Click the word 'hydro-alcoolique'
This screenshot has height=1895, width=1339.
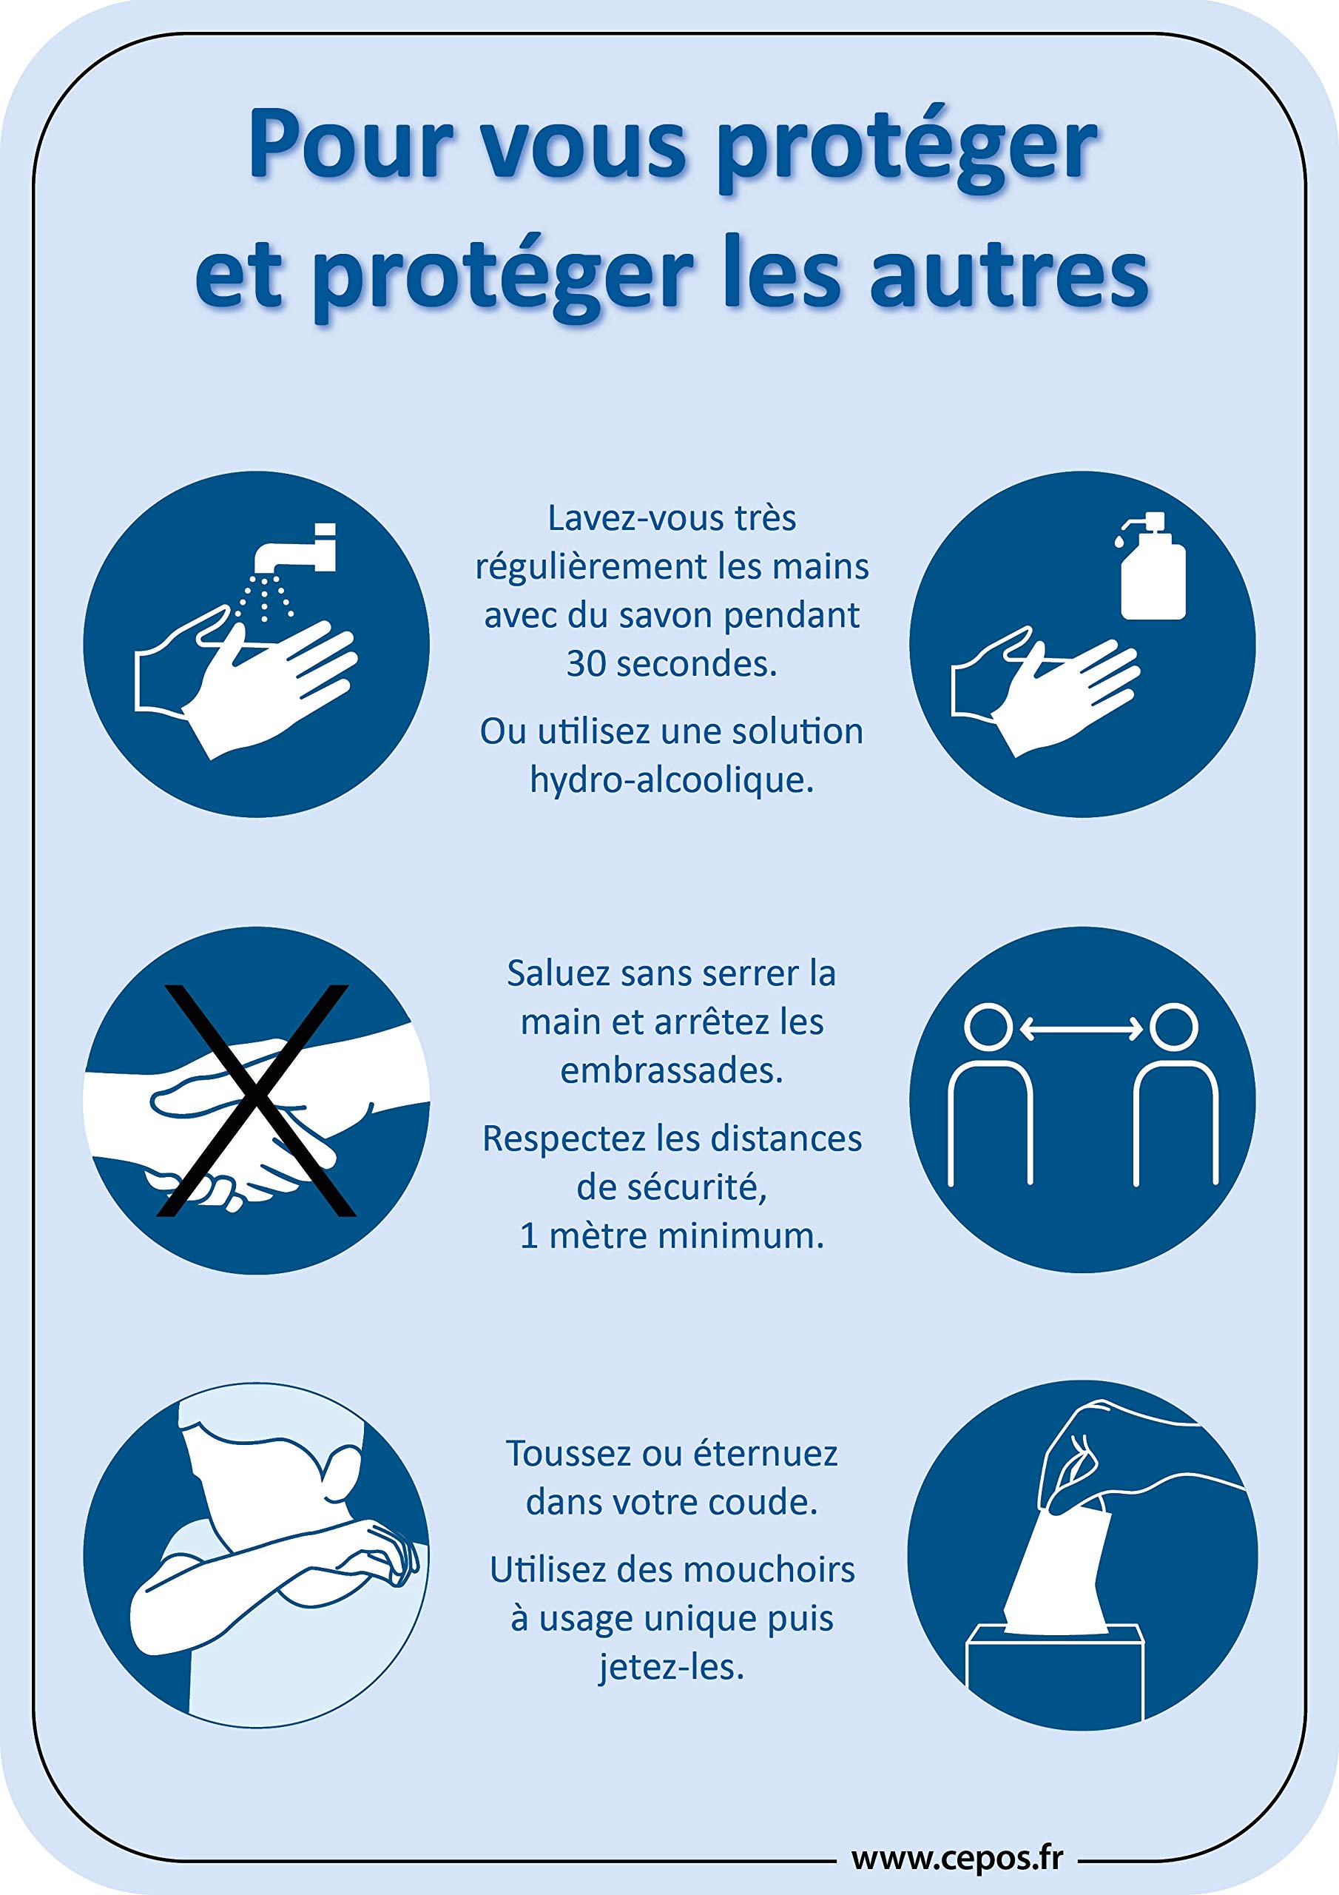(x=672, y=778)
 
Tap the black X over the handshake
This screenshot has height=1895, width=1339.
(x=257, y=1101)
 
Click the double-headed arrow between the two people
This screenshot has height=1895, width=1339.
(x=1081, y=1028)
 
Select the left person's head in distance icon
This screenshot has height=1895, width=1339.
(x=988, y=1027)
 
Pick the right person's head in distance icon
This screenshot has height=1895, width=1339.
(x=1173, y=1027)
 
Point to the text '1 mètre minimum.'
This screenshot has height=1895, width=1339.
(x=672, y=1235)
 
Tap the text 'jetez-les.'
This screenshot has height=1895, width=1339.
(x=672, y=1666)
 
